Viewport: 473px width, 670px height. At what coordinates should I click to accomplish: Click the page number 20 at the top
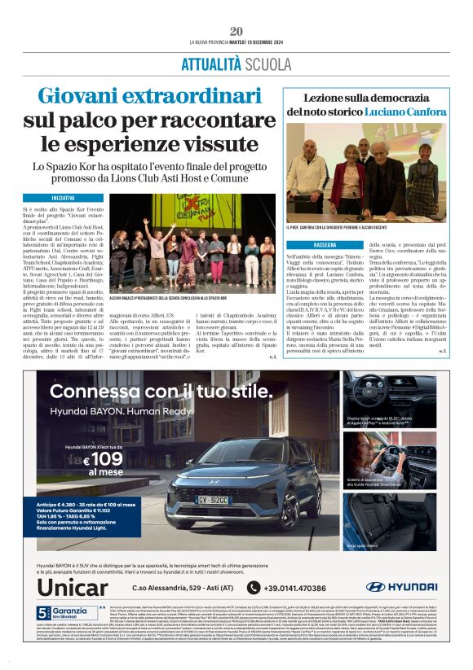(236, 31)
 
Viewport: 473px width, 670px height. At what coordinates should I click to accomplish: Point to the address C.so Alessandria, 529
(172, 587)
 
